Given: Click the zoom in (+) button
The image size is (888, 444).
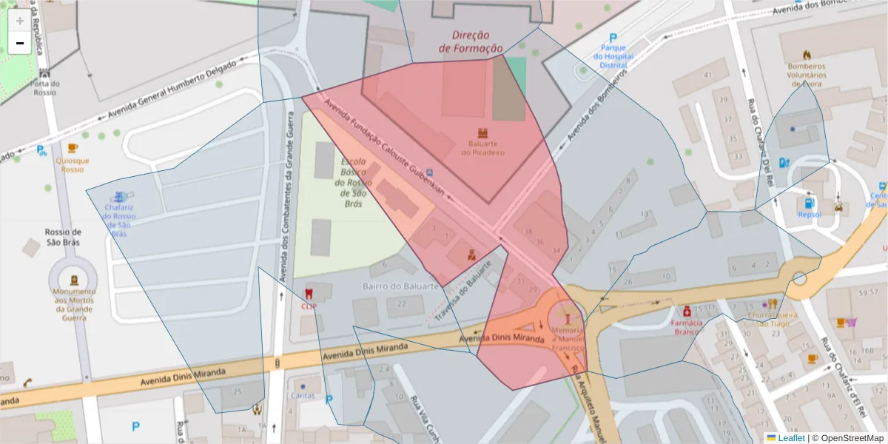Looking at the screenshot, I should point(20,21).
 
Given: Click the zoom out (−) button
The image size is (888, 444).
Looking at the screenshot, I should point(20,43).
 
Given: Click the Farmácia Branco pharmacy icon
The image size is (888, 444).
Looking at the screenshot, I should point(687,311).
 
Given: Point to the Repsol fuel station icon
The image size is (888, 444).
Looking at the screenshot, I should point(809,203).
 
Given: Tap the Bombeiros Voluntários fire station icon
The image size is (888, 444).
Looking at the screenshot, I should point(806,55).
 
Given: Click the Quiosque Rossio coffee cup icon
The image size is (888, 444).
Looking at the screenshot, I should point(73,149).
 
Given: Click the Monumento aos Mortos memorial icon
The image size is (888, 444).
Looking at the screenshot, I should point(74,280).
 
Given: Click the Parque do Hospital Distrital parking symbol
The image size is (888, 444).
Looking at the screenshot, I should point(613,38).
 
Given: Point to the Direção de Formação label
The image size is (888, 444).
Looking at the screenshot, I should point(471,41).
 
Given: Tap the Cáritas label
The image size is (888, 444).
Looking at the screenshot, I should point(303,395).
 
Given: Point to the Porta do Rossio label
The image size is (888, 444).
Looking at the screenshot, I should point(45,88).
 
